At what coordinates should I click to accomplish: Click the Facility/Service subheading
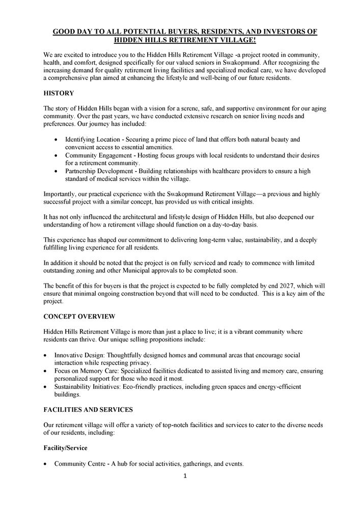66,447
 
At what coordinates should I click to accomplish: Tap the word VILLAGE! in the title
231,40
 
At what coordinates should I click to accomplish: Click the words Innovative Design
80,355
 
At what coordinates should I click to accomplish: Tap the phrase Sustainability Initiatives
91,387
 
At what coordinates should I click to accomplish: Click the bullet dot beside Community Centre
46,464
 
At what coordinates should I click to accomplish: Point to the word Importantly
61,193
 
